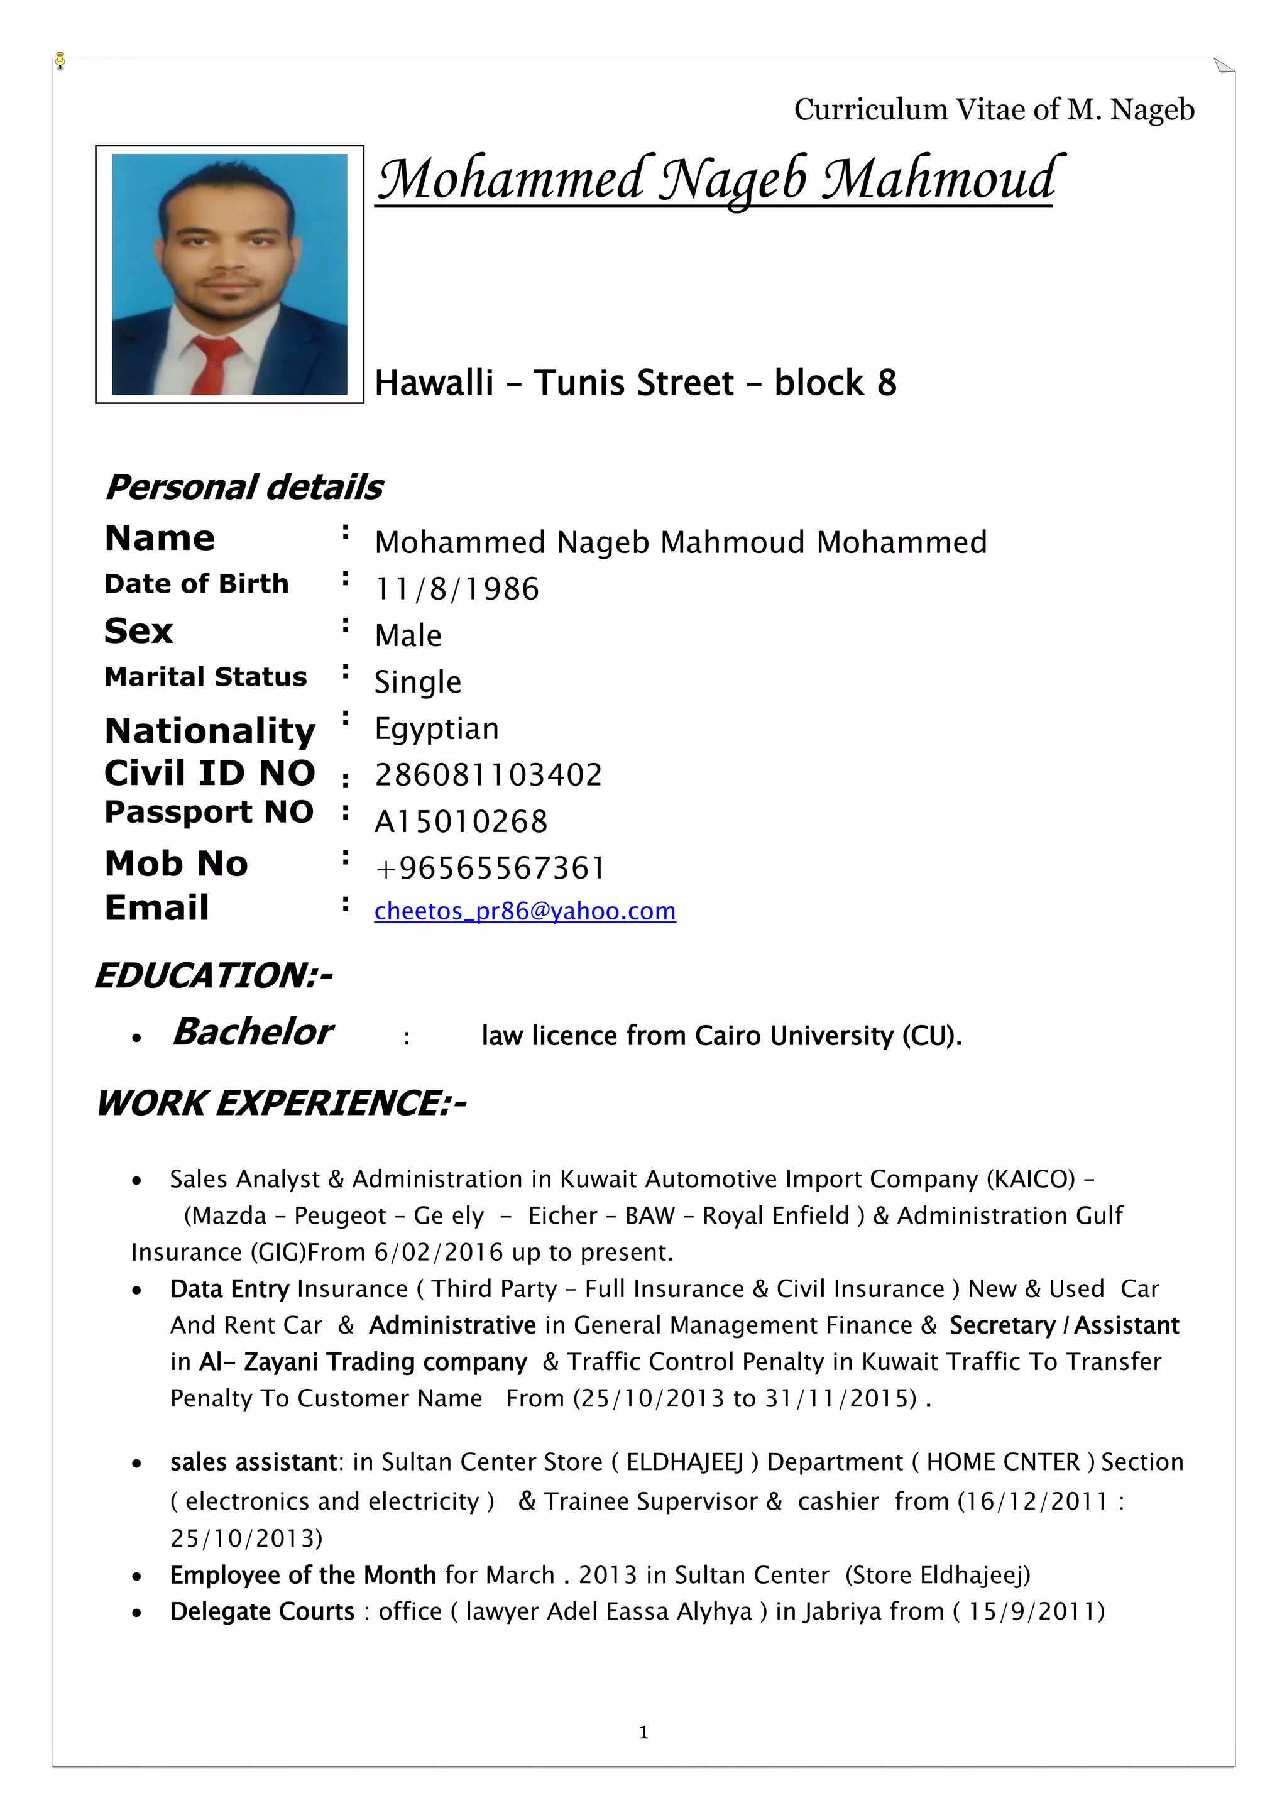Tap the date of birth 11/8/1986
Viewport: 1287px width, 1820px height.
(456, 589)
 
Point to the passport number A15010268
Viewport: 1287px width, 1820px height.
(461, 822)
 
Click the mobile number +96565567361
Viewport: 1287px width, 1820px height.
(490, 868)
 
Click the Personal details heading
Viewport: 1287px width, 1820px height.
(243, 486)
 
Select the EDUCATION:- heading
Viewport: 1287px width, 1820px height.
(213, 975)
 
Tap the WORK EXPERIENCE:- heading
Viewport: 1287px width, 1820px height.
(280, 1103)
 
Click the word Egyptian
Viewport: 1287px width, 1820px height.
(437, 728)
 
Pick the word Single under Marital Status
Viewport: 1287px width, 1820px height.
(418, 682)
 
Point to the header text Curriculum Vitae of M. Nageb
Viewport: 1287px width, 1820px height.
(994, 109)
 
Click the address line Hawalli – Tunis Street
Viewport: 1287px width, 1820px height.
(635, 383)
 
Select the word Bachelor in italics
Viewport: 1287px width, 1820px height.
(252, 1032)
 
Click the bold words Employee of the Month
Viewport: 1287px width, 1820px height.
(303, 1574)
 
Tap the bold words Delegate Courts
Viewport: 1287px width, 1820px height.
(262, 1611)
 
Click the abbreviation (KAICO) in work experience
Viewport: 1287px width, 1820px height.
(1030, 1179)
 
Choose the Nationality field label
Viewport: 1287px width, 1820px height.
(210, 730)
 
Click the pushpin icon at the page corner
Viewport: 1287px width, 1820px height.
(60, 60)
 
